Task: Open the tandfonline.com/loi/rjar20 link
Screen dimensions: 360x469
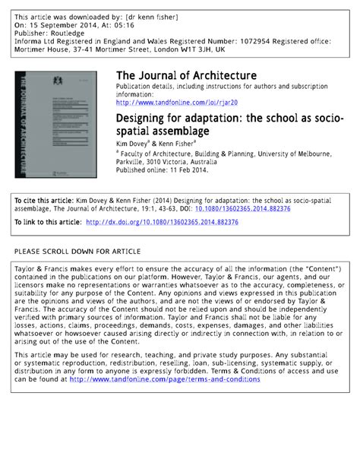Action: pyautogui.click(x=176, y=102)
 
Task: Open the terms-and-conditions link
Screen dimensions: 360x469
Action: pyautogui.click(x=165, y=379)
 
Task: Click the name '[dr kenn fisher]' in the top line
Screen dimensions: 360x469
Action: pyautogui.click(x=166, y=16)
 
